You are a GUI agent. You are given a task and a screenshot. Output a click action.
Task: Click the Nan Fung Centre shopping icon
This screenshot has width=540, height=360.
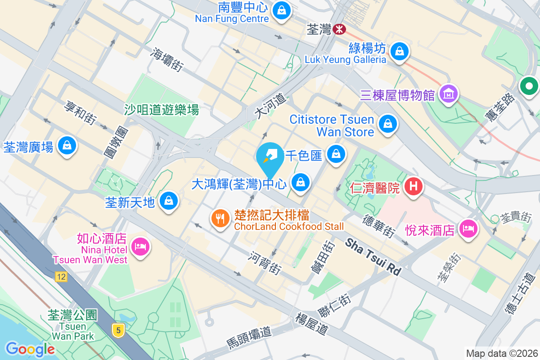coord(282,10)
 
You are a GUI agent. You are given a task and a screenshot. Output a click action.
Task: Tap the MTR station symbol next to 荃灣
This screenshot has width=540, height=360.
coord(339,30)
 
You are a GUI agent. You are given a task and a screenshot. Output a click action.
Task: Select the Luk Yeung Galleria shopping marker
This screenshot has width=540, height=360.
coord(399,51)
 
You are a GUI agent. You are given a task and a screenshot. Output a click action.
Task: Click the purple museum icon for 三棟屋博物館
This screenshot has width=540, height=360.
coord(449,94)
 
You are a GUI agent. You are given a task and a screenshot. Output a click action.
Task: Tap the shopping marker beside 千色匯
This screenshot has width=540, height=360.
coord(336,155)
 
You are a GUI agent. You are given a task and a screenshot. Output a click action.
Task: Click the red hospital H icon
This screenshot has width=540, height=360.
coord(413,186)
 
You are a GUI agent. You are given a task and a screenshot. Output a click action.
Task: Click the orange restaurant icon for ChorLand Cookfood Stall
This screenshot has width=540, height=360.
coord(220,218)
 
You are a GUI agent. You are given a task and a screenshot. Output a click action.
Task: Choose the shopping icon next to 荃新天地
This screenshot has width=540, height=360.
coord(169,201)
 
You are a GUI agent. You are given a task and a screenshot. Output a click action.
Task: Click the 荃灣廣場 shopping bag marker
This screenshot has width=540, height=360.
coord(67,146)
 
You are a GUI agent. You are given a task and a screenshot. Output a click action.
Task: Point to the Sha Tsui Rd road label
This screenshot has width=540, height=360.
coord(373,257)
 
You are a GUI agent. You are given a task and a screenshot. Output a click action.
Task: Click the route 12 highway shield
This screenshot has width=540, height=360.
coord(61,277)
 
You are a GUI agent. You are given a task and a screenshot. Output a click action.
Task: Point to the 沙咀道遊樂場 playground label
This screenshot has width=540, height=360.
coord(162,109)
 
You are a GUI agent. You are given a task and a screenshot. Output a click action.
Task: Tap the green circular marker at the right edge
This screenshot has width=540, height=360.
coord(529,86)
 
